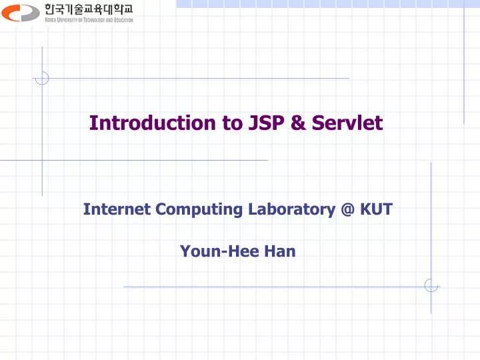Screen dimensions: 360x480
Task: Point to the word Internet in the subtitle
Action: point(117,209)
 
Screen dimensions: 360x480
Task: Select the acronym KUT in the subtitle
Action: point(376,209)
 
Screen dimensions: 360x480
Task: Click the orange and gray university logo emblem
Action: point(21,12)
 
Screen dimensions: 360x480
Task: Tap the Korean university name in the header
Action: point(89,9)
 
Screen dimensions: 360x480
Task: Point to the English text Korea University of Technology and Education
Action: point(89,20)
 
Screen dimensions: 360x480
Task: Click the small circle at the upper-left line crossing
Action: point(42,79)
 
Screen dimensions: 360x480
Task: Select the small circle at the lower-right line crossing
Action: point(431,286)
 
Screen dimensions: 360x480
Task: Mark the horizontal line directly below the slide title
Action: point(133,160)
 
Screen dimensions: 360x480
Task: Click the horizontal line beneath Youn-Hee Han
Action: point(267,287)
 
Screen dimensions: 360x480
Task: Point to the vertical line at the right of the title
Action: point(464,67)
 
